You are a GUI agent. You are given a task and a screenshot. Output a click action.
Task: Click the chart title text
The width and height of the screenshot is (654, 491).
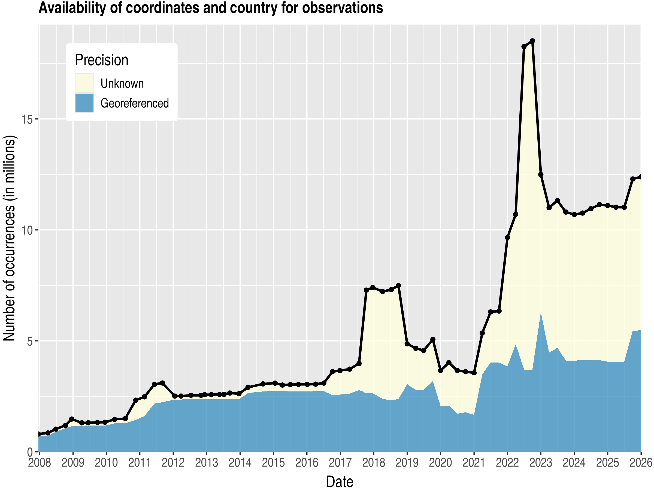[211, 8]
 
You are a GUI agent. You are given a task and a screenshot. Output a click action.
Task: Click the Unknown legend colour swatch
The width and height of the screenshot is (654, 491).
[84, 83]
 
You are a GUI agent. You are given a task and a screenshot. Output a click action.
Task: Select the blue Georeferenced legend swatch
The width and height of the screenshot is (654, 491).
[84, 103]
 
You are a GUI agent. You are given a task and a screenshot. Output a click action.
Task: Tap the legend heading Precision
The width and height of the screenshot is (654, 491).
[101, 60]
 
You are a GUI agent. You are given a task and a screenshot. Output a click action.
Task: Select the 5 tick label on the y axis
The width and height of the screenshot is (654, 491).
[29, 341]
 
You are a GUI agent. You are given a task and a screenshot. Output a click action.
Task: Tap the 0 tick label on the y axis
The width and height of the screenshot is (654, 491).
[29, 452]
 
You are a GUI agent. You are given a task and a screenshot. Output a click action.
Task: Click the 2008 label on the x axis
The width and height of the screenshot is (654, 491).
[39, 463]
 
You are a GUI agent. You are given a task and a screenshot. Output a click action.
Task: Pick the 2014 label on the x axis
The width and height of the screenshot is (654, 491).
[240, 463]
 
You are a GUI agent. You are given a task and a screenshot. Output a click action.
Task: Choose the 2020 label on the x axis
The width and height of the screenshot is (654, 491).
[440, 463]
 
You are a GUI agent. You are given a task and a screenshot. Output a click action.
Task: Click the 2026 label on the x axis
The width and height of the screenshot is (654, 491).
[641, 463]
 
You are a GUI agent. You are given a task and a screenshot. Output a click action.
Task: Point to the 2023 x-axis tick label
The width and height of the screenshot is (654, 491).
[540, 463]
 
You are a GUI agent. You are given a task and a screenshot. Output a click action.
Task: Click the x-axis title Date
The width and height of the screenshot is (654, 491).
[340, 482]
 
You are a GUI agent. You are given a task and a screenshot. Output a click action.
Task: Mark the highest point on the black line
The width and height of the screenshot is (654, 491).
[532, 41]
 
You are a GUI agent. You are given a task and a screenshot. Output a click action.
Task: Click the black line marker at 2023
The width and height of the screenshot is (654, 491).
[540, 175]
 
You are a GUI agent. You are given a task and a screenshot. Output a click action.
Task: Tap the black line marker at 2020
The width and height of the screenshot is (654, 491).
[441, 370]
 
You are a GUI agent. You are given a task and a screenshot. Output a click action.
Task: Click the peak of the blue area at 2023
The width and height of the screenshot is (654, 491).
[540, 313]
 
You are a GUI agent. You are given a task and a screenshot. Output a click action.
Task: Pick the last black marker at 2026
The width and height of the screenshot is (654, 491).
[640, 177]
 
